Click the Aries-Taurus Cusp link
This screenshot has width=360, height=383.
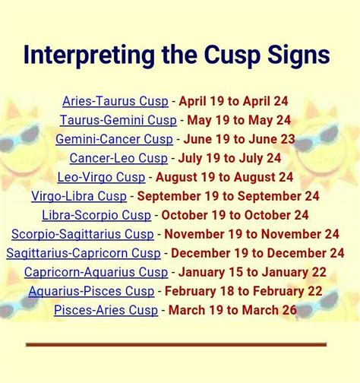coord(115,101)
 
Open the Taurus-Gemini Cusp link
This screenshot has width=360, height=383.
coord(118,120)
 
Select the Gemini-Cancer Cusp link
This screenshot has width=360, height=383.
coord(115,139)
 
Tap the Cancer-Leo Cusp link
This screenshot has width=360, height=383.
coord(118,158)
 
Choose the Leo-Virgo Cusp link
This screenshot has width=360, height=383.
coord(102,177)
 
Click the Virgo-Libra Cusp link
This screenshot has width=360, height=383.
coord(79,196)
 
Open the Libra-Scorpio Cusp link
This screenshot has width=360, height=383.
coord(96,215)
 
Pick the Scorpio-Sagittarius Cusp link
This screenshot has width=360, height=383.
coord(83,234)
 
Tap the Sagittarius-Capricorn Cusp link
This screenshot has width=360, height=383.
coord(84,253)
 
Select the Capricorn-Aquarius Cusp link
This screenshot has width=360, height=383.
coord(96,272)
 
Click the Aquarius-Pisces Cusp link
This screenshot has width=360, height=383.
coord(91,291)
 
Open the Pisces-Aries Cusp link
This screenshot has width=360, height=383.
coord(106,310)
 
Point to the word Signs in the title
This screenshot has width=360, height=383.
coord(298,55)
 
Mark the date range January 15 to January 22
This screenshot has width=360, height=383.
coord(252,272)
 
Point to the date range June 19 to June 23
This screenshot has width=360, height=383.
coord(239,139)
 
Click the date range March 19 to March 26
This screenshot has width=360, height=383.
coord(232,310)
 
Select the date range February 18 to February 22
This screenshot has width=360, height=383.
coord(244,291)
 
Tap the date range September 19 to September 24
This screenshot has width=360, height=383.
coord(228,196)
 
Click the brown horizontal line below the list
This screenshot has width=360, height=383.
coord(176,344)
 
